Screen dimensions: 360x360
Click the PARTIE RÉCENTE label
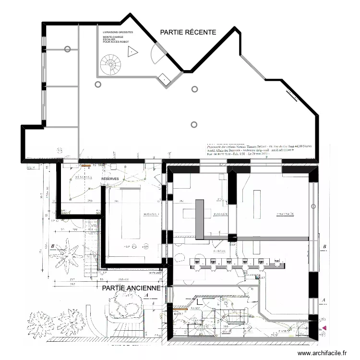pos(188,32)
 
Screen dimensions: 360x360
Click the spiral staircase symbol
pos(111,64)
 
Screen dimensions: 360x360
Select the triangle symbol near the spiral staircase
pos(132,53)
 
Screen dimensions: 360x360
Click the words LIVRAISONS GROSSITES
pos(118,32)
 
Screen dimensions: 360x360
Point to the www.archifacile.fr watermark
pos(322,353)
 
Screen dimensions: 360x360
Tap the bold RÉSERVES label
pos(110,179)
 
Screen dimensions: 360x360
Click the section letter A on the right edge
pos(325,299)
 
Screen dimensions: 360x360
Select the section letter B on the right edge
pos(325,247)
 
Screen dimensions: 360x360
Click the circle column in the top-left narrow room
pos(68,49)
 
